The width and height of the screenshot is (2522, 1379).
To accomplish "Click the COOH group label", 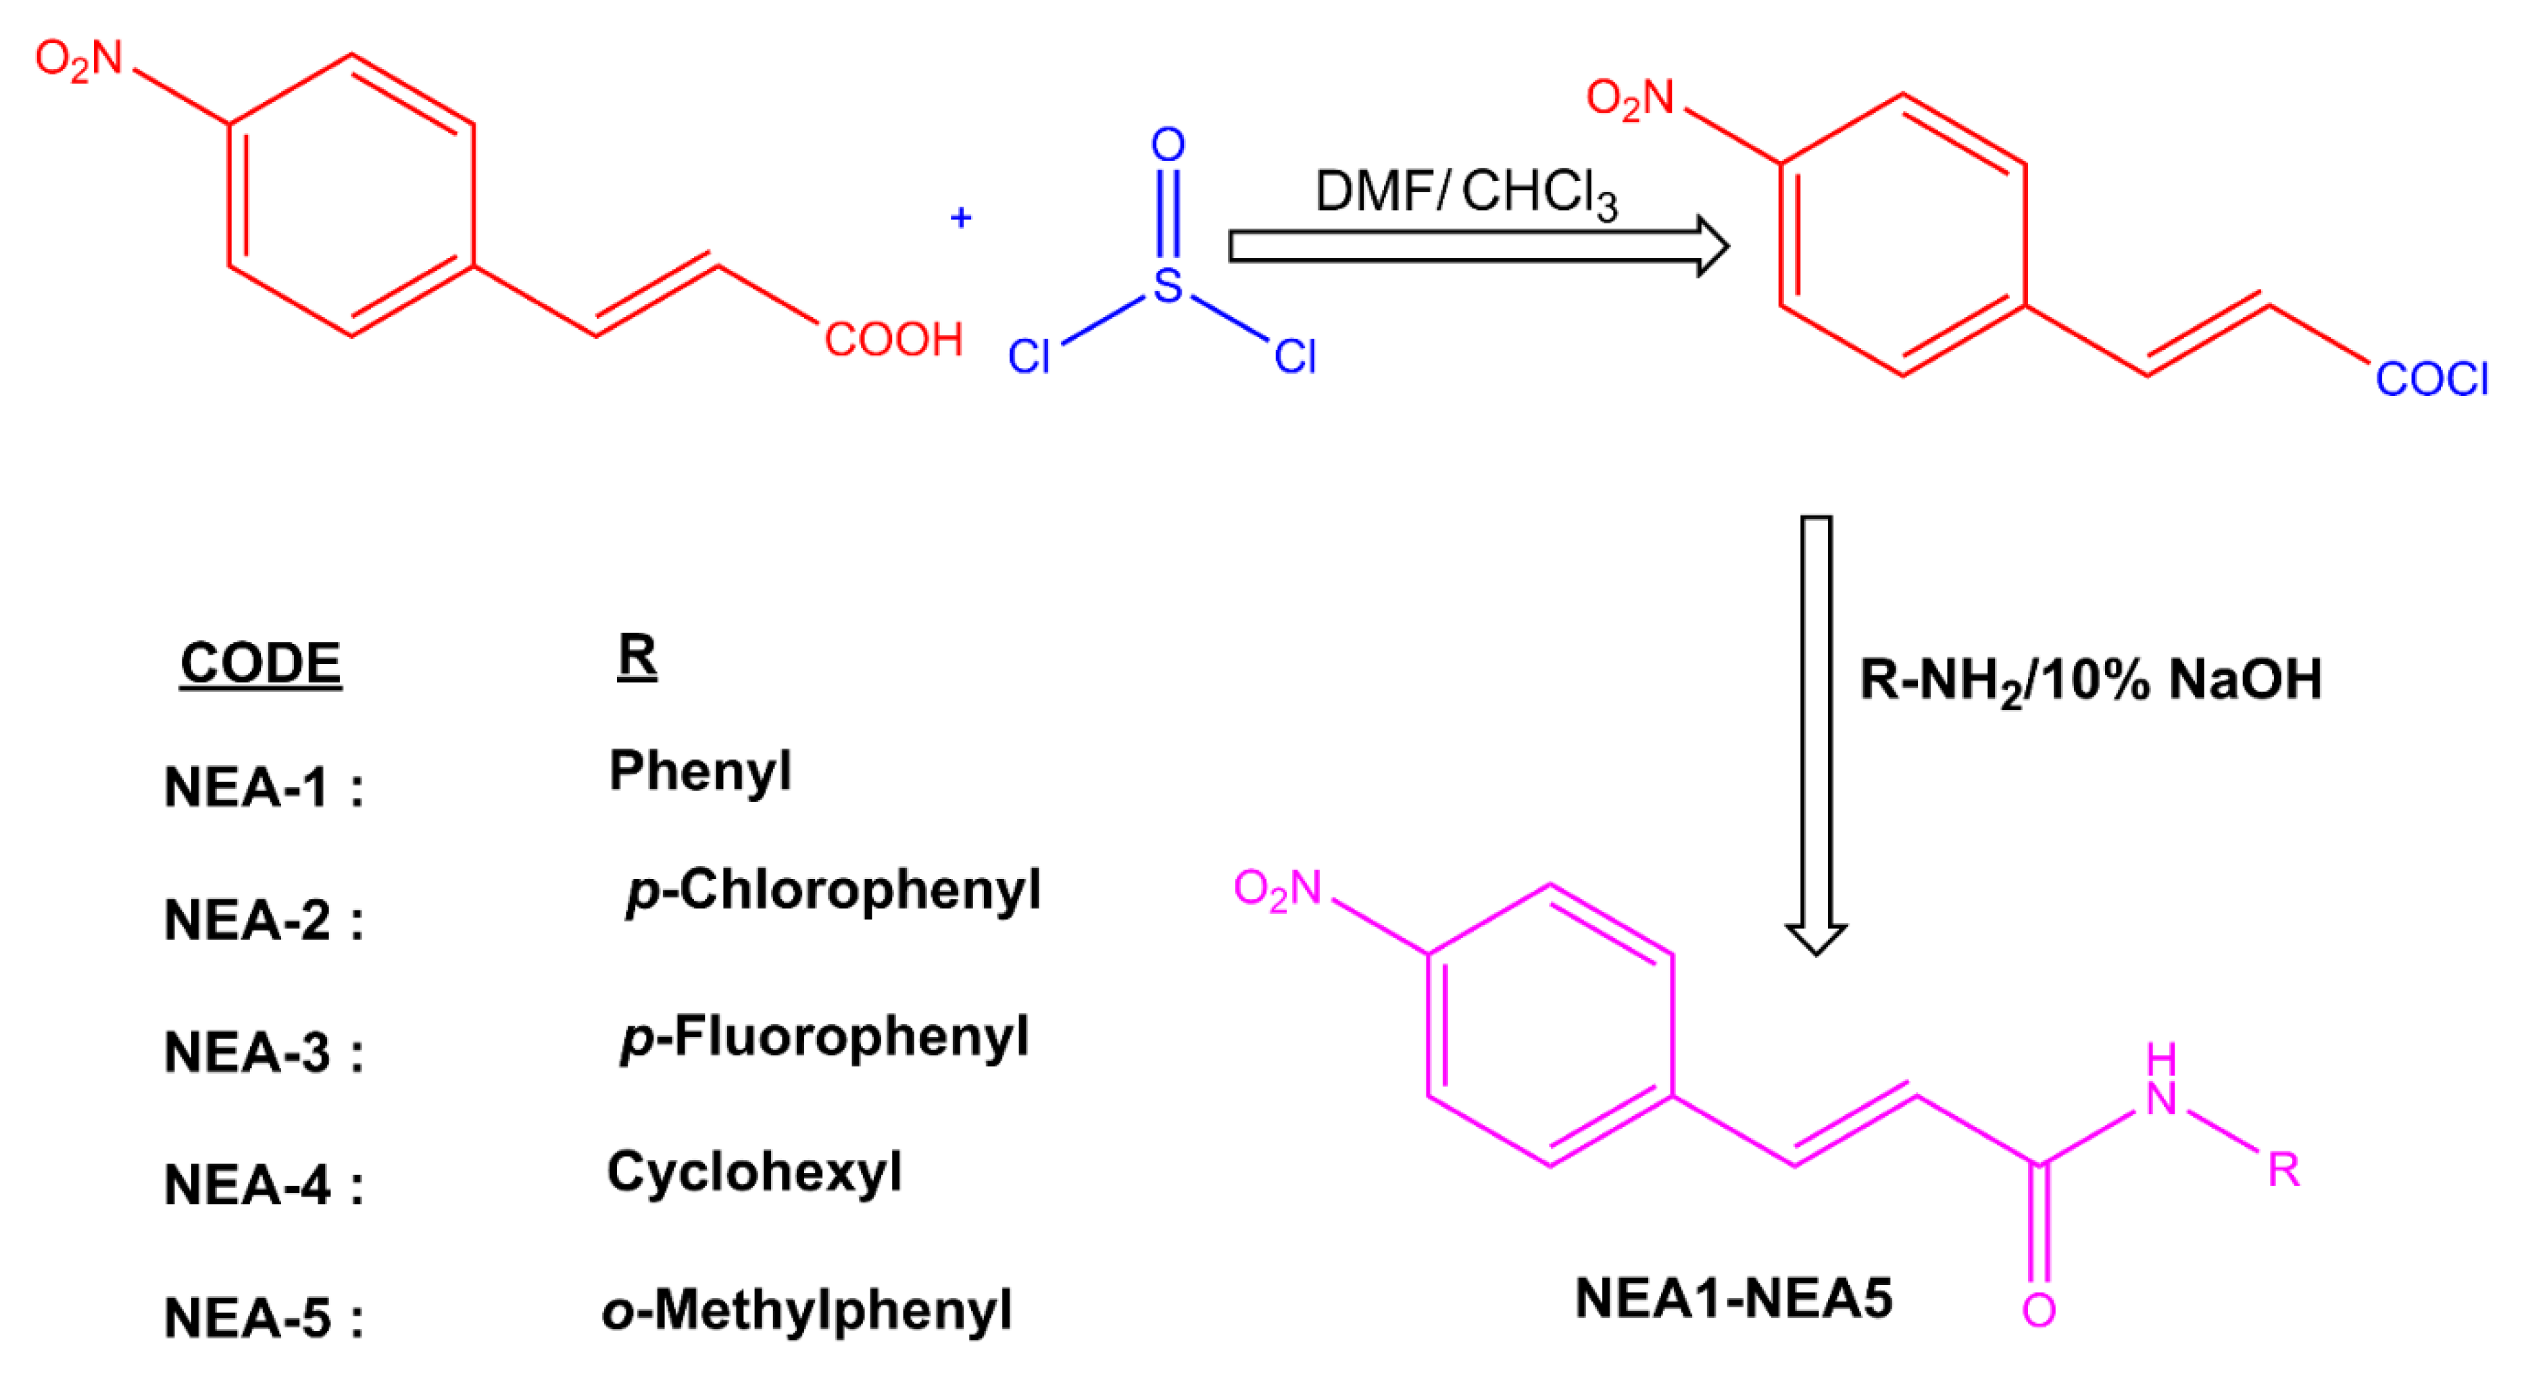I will coord(893,341).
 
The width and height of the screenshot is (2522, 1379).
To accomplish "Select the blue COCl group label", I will coord(2431,380).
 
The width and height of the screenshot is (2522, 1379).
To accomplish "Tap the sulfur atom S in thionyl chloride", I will coord(1167,285).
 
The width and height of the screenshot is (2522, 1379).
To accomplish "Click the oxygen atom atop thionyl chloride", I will coord(1167,145).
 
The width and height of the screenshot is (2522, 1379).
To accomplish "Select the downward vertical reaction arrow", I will coord(1816,734).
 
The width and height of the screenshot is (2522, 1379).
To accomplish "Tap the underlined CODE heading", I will coord(260,663).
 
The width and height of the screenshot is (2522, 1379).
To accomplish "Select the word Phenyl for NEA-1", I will coord(700,771).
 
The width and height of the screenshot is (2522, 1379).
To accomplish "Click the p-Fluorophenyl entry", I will coord(824,1037).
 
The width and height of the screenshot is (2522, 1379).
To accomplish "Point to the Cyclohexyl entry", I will coord(754,1172).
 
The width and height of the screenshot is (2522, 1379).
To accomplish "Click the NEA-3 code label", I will coord(262,1053).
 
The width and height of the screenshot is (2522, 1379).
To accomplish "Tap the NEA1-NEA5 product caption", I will coord(1733,1299).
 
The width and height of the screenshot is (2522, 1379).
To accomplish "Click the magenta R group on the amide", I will coord(2283,1170).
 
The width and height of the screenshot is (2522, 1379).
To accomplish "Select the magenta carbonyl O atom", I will coord(2038,1309).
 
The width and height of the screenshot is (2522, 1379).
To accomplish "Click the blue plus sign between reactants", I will coord(960,218).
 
